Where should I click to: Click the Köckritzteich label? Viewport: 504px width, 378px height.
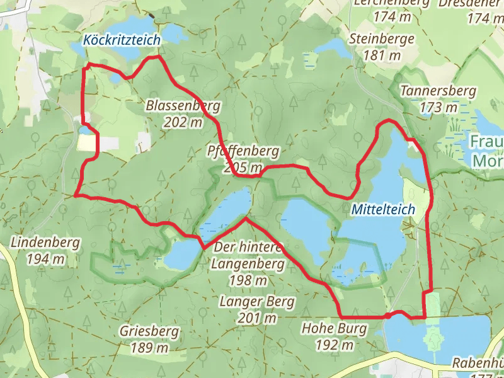pyautogui.click(x=122, y=40)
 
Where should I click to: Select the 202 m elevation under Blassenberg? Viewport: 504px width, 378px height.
pyautogui.click(x=183, y=122)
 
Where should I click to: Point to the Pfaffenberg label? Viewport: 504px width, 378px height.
pyautogui.click(x=243, y=152)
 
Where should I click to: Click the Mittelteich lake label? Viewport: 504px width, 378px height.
pyautogui.click(x=383, y=209)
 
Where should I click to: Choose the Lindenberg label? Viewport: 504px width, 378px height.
pyautogui.click(x=45, y=242)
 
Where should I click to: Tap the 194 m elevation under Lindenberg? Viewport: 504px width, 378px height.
pyautogui.click(x=45, y=258)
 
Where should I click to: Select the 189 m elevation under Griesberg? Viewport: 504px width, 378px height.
pyautogui.click(x=149, y=348)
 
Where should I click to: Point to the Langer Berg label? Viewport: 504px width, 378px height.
pyautogui.click(x=257, y=302)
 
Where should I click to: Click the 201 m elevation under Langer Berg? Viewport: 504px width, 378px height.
pyautogui.click(x=257, y=318)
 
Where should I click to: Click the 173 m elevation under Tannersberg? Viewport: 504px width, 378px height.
pyautogui.click(x=438, y=108)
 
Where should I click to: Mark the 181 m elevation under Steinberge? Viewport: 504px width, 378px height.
pyautogui.click(x=382, y=55)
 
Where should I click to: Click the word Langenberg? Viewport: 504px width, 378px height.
pyautogui.click(x=239, y=263)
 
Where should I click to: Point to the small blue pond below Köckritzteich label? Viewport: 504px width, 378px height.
pyautogui.click(x=117, y=79)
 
